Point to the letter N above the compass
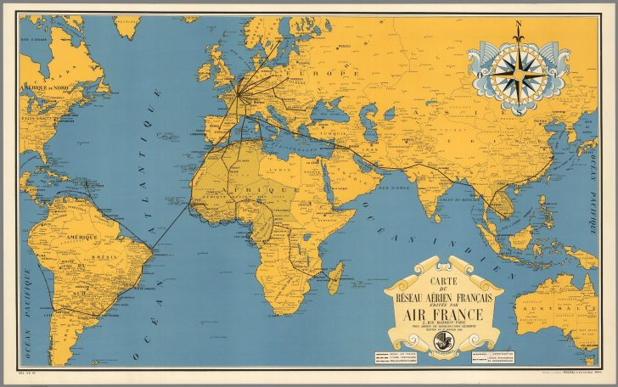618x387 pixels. tap(518, 26)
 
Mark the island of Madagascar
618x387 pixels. tap(336, 277)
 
